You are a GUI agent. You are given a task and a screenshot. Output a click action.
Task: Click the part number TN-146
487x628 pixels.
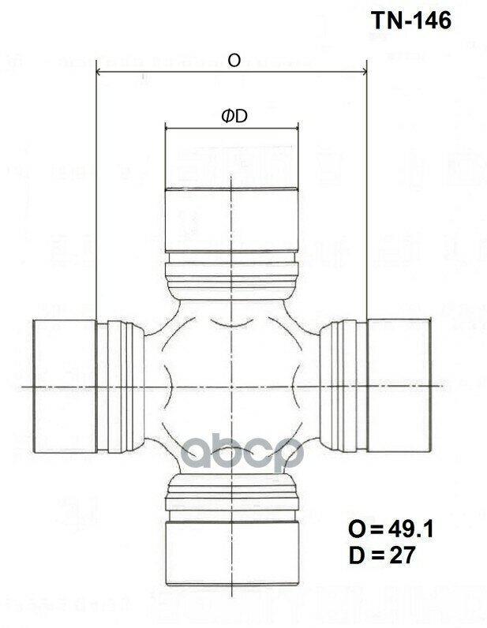click(410, 21)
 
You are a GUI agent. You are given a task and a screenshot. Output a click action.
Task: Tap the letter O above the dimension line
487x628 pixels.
click(234, 60)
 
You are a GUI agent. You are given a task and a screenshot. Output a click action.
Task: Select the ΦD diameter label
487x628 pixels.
click(234, 117)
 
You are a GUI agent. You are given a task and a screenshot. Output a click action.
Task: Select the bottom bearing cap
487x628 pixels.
click(230, 549)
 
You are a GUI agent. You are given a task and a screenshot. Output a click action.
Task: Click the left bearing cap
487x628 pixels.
click(63, 386)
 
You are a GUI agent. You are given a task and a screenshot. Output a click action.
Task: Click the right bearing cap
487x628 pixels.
click(399, 386)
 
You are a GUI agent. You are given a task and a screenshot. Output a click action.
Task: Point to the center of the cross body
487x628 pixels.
click(230, 386)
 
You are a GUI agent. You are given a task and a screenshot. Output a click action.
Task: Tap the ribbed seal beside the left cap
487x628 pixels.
click(121, 386)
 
